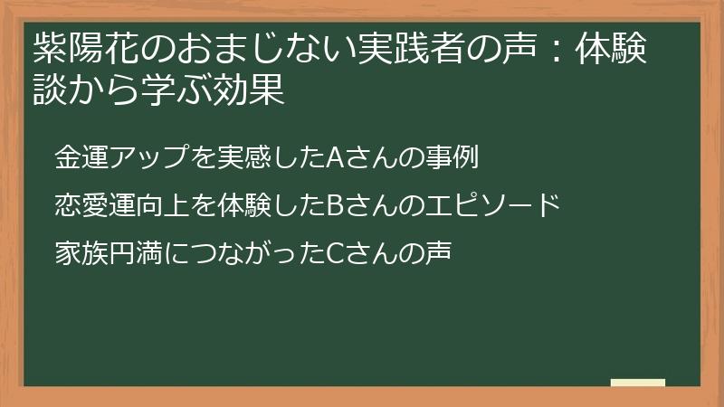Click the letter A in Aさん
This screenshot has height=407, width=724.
point(332,158)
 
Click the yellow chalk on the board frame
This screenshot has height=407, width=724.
point(638,383)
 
